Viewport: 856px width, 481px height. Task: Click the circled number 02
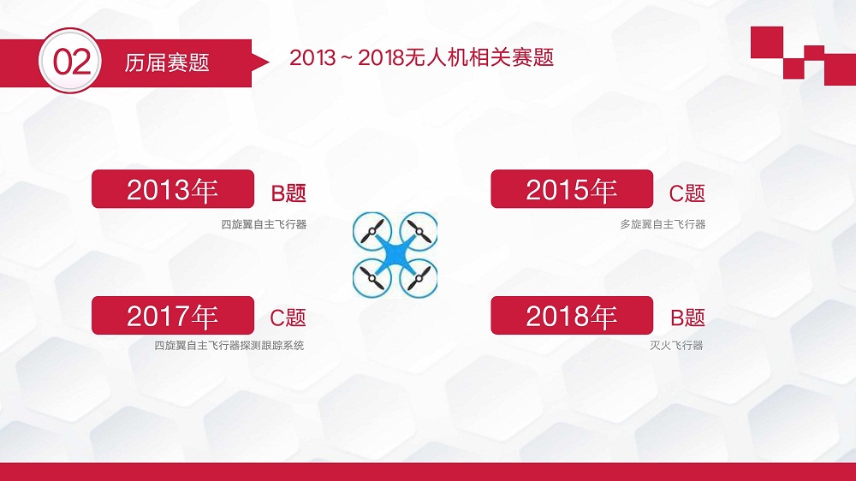[x=70, y=61]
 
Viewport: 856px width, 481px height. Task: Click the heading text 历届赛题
[x=167, y=62]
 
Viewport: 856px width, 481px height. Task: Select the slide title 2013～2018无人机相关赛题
[x=421, y=57]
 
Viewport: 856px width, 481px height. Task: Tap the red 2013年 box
[x=173, y=189]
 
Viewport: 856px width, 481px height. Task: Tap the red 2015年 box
[x=572, y=189]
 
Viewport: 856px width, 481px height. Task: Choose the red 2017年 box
[x=173, y=316]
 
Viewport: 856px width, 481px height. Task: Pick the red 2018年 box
[x=572, y=316]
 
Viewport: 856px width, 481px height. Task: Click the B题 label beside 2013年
[x=288, y=193]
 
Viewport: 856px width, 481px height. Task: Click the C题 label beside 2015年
[x=687, y=193]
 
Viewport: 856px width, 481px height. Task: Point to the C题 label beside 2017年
[x=288, y=318]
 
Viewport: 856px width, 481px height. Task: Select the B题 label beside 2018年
[x=688, y=318]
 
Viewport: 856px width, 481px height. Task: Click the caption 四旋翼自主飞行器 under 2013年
[x=264, y=224]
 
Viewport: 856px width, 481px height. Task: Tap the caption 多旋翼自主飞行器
[x=663, y=224]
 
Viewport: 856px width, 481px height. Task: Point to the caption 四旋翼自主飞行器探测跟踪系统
[x=229, y=346]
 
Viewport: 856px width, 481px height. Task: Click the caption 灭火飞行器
[x=676, y=346]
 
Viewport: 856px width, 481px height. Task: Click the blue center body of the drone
[x=395, y=255]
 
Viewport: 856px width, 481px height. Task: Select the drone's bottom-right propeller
[x=419, y=279]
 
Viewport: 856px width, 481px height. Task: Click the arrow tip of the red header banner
[x=269, y=62]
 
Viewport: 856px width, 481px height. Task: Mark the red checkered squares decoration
[x=803, y=56]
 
